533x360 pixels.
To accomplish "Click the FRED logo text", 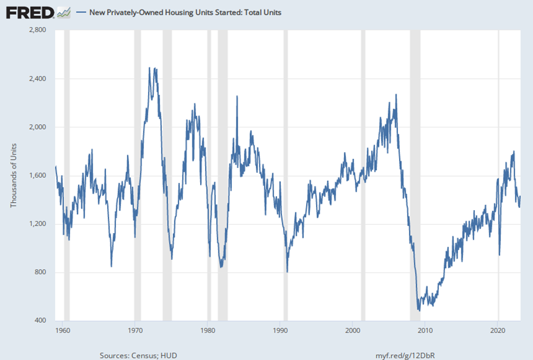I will (30, 11).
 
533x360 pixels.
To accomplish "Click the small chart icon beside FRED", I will (63, 11).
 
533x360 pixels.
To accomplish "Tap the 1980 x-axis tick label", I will (208, 330).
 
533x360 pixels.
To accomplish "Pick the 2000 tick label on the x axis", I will (353, 330).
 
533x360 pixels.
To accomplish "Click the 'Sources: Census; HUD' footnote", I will (138, 355).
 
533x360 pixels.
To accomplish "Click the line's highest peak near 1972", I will (150, 68).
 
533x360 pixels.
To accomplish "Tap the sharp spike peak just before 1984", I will (237, 96).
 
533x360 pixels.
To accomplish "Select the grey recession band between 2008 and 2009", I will (415, 175).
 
